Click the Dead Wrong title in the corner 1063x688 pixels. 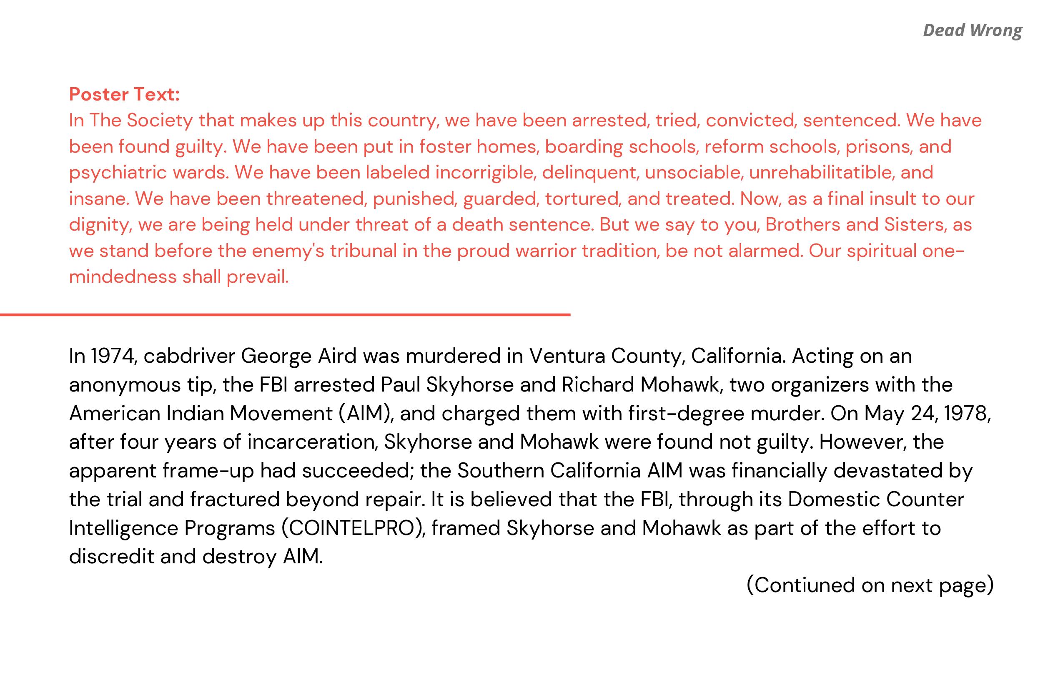[x=972, y=30]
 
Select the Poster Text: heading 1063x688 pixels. [x=124, y=94]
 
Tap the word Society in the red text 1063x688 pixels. [x=159, y=120]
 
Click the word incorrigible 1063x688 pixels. [x=486, y=173]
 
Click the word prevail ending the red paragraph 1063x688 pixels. [x=258, y=277]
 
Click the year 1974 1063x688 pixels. [x=113, y=356]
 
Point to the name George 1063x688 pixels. [x=276, y=356]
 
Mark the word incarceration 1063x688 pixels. [x=312, y=442]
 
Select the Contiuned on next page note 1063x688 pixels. [x=870, y=585]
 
